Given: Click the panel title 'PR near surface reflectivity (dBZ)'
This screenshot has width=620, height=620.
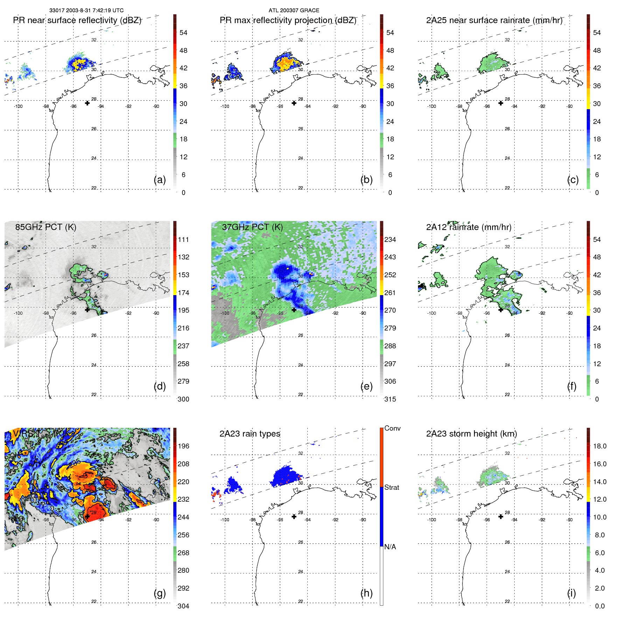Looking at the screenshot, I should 77,20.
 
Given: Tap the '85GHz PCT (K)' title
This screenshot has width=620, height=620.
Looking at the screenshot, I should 46,227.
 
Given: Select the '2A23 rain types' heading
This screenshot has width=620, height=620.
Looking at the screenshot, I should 250,434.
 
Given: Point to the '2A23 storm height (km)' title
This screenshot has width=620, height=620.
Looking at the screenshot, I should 472,434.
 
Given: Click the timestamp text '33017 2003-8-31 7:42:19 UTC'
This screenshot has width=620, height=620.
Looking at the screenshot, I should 86,11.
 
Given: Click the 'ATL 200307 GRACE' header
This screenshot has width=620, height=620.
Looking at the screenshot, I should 294,11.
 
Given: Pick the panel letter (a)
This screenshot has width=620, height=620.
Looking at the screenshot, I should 160,180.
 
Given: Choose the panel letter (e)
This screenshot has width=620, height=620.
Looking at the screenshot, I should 366,386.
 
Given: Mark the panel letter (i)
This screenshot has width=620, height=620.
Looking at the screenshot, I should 571,593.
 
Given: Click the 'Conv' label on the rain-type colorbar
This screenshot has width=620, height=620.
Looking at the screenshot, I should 392,428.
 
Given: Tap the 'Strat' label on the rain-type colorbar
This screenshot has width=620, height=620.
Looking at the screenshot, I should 391,487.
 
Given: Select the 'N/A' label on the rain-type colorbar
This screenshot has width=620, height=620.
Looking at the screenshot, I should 390,547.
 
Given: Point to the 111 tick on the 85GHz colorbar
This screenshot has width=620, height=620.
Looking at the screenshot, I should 183,239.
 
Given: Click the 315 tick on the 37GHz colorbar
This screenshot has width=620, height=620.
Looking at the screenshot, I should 390,399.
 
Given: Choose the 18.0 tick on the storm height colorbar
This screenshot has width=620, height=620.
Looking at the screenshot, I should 599,446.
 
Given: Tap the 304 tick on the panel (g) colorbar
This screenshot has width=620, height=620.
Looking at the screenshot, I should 183,606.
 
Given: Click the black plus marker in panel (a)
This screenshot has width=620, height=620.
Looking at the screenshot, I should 87,103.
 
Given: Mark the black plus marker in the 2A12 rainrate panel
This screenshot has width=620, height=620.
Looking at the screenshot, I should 501,309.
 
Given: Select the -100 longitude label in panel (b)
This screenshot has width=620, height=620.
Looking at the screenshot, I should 225,106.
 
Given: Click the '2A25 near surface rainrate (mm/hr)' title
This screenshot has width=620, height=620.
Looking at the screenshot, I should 494,20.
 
